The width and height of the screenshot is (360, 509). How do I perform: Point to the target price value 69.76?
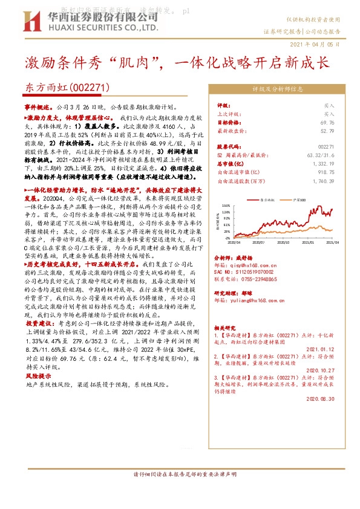[x=326, y=122]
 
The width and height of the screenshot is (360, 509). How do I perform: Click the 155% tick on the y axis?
[x=226, y=206]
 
